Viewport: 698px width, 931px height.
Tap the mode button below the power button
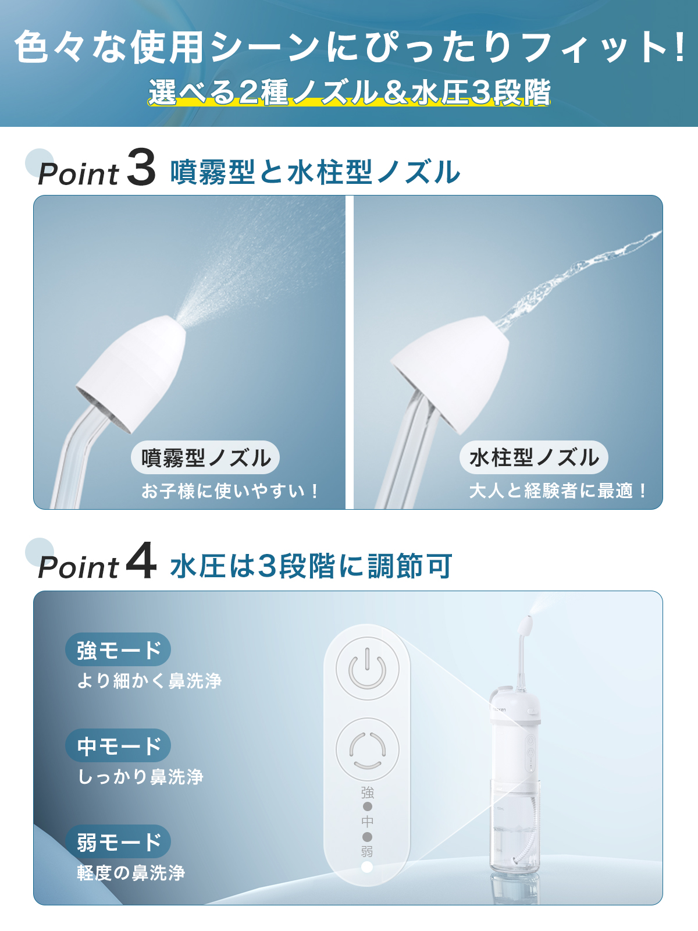click(x=367, y=749)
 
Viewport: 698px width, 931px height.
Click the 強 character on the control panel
click(x=367, y=793)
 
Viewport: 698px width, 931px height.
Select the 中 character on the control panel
click(x=367, y=822)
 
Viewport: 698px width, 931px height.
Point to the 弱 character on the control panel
click(x=367, y=851)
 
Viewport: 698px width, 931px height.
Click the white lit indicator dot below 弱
click(x=367, y=867)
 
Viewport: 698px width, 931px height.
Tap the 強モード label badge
click(x=118, y=649)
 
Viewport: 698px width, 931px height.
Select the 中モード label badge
click(x=118, y=745)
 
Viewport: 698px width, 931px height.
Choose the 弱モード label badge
click(x=118, y=841)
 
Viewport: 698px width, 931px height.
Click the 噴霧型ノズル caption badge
click(x=205, y=457)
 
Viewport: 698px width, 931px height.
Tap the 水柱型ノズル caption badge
click(x=533, y=457)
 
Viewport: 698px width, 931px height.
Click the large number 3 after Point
click(x=141, y=168)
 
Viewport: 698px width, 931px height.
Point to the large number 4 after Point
click(x=141, y=561)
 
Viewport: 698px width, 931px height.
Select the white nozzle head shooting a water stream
click(x=453, y=369)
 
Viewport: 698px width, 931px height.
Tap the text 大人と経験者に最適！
click(x=557, y=491)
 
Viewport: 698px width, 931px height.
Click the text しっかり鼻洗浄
click(x=141, y=776)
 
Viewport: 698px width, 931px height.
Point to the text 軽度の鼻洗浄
click(x=131, y=872)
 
